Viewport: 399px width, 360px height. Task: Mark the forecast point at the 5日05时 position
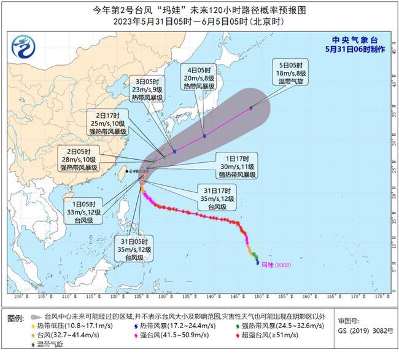pos(250,108)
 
